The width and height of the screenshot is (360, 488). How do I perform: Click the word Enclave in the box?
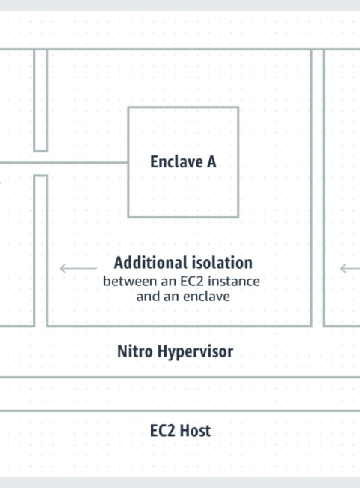[176, 162]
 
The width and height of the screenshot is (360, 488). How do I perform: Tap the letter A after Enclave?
[211, 162]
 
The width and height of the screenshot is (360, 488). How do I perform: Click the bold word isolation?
[221, 263]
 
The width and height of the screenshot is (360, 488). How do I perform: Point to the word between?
[130, 282]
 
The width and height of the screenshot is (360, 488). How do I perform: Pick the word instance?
[234, 282]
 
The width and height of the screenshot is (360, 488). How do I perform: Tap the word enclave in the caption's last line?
[207, 297]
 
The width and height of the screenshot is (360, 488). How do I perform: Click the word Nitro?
[135, 351]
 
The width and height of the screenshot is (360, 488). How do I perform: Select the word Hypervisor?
[195, 352]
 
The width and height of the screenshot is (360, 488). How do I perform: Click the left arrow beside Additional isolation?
[78, 268]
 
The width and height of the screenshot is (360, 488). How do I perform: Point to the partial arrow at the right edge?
[350, 268]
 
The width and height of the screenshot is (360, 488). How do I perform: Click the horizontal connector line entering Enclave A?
[64, 162]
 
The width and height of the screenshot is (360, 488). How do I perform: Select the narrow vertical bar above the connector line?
[40, 100]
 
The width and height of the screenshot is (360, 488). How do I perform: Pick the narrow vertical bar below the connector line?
[40, 251]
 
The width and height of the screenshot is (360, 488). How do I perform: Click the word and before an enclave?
[148, 297]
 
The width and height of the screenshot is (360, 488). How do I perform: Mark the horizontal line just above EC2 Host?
[180, 411]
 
